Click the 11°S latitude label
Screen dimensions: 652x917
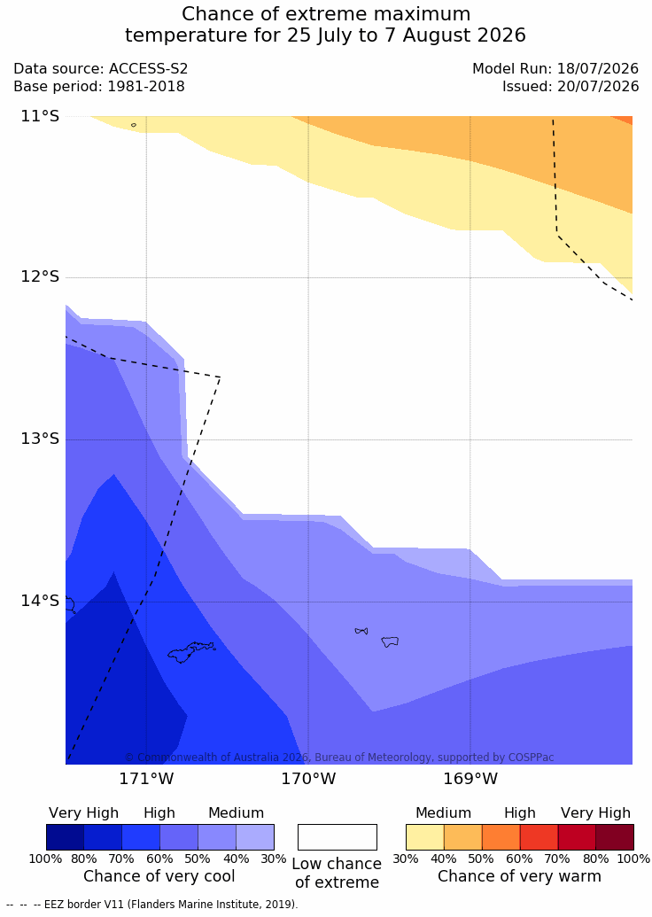click(x=41, y=116)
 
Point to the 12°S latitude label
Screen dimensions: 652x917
click(x=41, y=276)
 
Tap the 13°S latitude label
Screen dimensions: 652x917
click(x=41, y=438)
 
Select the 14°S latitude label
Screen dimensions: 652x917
click(x=41, y=601)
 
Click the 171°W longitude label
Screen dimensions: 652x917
click(x=147, y=779)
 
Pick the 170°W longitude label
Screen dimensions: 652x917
click(x=309, y=779)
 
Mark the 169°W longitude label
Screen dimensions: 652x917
click(x=470, y=779)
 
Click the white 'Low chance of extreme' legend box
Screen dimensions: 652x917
click(x=338, y=837)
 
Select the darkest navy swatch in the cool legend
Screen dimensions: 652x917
click(x=65, y=837)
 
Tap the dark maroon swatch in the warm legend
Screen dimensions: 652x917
click(x=615, y=837)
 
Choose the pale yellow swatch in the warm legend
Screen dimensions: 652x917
click(x=425, y=837)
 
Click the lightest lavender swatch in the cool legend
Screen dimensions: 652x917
click(x=255, y=837)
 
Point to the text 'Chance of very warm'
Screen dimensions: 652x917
click(x=519, y=876)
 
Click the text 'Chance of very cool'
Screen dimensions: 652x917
click(x=159, y=876)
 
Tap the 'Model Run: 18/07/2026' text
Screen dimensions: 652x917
click(x=555, y=69)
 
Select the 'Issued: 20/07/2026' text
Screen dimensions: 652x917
click(x=570, y=87)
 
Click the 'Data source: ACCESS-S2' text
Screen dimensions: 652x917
click(x=101, y=69)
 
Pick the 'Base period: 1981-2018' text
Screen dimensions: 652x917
click(x=99, y=87)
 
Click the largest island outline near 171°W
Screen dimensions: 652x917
click(x=191, y=652)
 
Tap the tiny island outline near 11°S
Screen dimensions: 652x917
click(x=134, y=125)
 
